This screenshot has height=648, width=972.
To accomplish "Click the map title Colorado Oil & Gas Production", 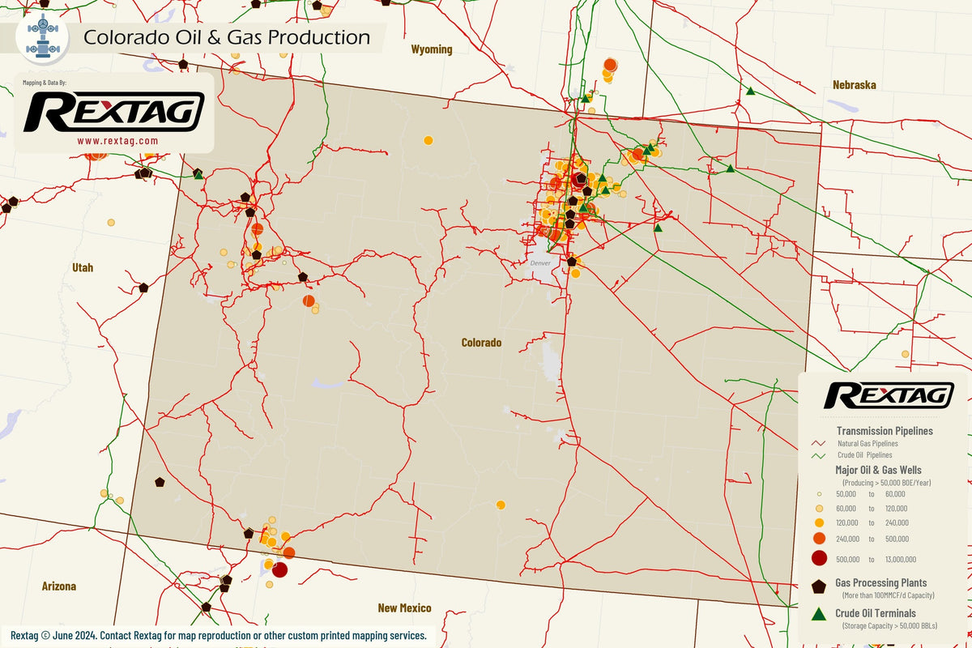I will (x=227, y=37).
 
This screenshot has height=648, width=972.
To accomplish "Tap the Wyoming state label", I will (x=431, y=49).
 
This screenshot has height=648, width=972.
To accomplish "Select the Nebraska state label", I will (x=855, y=84).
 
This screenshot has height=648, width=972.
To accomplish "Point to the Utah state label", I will (x=82, y=267).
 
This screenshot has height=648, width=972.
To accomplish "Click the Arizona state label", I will (x=58, y=586).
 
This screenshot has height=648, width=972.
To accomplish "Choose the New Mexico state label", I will (x=404, y=607).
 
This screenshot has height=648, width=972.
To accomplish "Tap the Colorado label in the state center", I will (x=481, y=343).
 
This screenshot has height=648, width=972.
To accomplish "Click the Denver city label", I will (x=539, y=264).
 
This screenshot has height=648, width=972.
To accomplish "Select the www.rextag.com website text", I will (x=117, y=140).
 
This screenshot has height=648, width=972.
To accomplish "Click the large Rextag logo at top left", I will (x=113, y=112).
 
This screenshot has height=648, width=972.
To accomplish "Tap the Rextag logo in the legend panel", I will (x=888, y=395).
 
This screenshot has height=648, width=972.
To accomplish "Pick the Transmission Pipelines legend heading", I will (x=884, y=431).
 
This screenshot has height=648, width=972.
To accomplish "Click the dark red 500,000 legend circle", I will (x=818, y=558).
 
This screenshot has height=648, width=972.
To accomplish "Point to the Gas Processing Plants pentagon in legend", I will (x=818, y=586).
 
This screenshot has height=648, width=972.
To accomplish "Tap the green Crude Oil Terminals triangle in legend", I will (x=818, y=615).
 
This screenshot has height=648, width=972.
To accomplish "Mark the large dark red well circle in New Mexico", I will (x=279, y=570).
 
